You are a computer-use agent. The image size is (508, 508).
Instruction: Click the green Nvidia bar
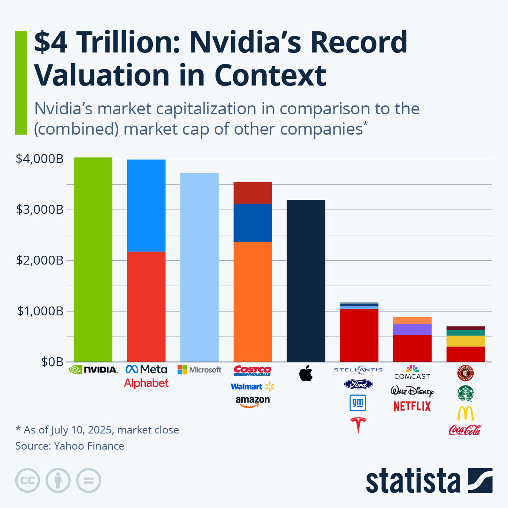[93, 260]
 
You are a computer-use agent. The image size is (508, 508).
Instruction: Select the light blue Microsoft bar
[199, 267]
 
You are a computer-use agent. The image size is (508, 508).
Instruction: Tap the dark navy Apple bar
[306, 281]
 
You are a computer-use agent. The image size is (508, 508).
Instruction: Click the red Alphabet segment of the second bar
[146, 306]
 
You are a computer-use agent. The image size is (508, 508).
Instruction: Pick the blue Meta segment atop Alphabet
[146, 205]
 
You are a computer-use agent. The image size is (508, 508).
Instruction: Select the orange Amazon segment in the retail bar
[253, 302]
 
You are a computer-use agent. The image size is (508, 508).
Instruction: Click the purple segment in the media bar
[412, 329]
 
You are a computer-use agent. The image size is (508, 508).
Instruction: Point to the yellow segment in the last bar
[466, 341]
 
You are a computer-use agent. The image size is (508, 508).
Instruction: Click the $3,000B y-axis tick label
[39, 210]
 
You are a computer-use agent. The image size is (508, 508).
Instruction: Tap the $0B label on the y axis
[52, 362]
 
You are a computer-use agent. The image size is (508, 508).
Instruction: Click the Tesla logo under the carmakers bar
[358, 425]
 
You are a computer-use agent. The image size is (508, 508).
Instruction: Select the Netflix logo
[412, 406]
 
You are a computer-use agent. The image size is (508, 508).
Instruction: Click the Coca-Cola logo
[465, 430]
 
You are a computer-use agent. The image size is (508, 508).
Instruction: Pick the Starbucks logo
[465, 393]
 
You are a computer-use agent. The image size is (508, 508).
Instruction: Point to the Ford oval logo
[358, 384]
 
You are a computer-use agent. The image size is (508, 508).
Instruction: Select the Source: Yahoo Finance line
[70, 446]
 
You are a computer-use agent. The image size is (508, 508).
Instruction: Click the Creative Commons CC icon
[28, 480]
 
